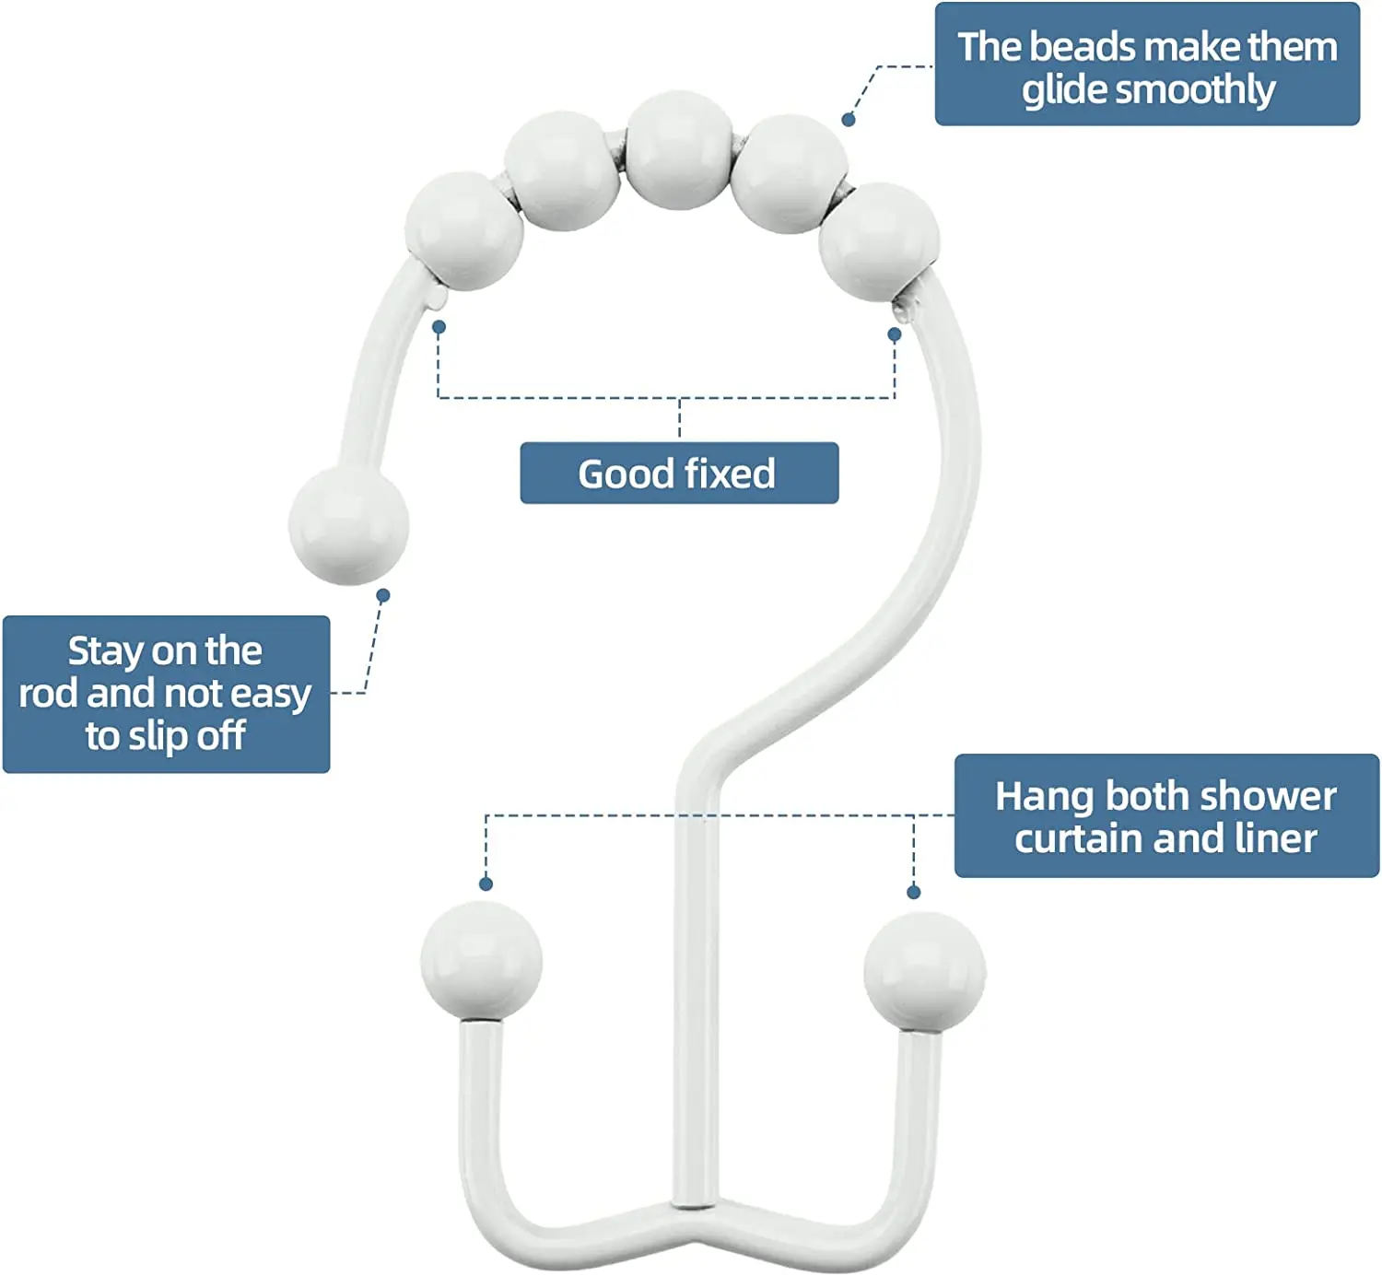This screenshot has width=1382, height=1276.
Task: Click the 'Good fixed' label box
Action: (x=679, y=473)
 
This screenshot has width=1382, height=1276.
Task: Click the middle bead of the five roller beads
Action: (x=680, y=150)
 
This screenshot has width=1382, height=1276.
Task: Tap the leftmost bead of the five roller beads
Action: (x=464, y=230)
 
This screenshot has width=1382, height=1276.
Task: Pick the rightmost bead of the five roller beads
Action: (x=879, y=241)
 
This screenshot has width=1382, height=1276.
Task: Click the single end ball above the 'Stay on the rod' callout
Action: (x=348, y=524)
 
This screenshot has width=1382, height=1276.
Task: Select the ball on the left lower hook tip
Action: (x=481, y=961)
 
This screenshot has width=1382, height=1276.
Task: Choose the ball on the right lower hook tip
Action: (x=924, y=971)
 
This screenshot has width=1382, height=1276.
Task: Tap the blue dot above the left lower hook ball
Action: (x=486, y=884)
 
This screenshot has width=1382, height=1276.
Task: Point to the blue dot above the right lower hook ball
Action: (x=914, y=892)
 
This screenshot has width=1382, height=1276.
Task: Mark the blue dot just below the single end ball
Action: (x=383, y=596)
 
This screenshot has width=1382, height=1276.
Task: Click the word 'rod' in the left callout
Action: (x=48, y=694)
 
